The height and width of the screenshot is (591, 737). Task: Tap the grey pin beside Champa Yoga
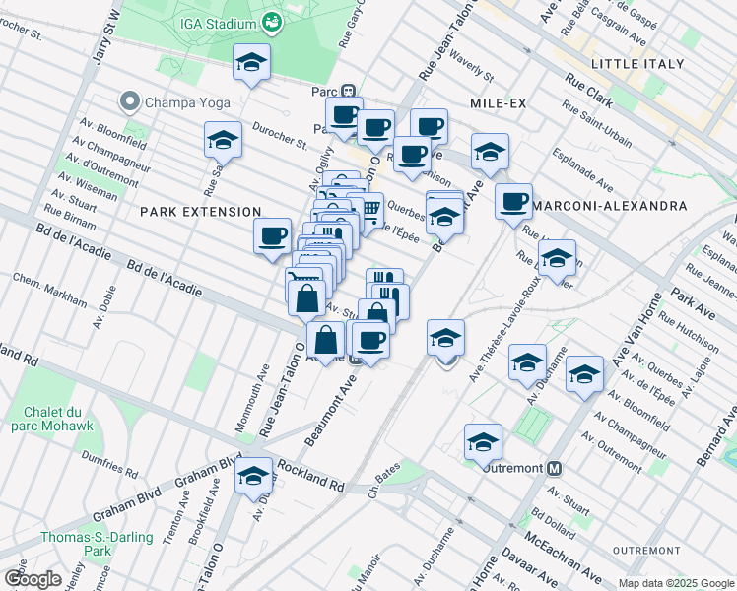(129, 101)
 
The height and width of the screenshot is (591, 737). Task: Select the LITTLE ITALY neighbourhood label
(636, 64)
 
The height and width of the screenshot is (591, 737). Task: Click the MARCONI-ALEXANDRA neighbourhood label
(617, 206)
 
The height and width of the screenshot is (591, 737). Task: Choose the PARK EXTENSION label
(200, 212)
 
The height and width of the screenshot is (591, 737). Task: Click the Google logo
(33, 579)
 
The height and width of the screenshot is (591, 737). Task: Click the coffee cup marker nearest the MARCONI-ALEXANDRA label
(513, 201)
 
